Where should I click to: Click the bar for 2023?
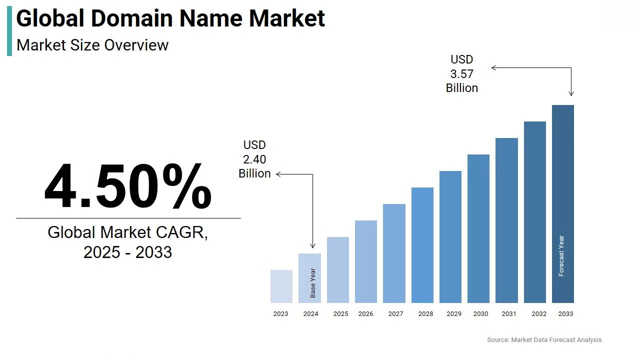click(281, 286)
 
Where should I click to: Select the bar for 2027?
click(394, 253)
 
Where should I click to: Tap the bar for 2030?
click(478, 228)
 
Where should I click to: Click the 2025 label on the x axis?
click(340, 314)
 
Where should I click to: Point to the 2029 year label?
click(454, 314)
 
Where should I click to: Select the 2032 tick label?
click(539, 314)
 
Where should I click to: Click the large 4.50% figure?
click(128, 186)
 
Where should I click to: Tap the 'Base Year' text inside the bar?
click(312, 283)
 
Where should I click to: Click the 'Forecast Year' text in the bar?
click(561, 255)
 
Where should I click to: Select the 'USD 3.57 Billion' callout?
click(462, 74)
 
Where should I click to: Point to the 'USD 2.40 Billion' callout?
click(254, 159)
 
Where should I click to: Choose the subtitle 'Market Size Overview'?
click(92, 45)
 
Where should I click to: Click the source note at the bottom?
click(544, 340)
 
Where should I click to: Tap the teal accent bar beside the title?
click(9, 31)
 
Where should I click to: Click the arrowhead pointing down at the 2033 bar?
click(571, 93)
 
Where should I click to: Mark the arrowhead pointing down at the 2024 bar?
click(312, 245)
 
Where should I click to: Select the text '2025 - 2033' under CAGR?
click(127, 252)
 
